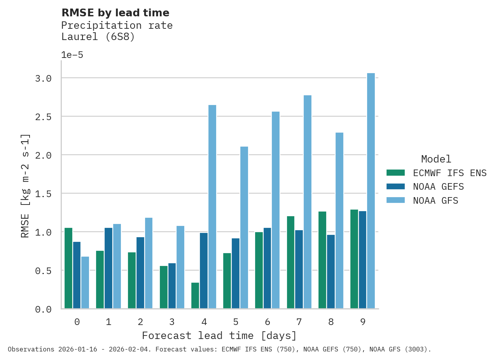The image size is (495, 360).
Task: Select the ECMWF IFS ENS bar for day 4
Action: (195, 295)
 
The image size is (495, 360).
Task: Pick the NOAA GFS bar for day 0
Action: (85, 282)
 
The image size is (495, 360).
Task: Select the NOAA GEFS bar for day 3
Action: (172, 286)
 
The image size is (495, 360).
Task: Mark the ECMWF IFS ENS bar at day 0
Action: (68, 268)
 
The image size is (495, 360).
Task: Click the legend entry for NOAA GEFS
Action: (438, 187)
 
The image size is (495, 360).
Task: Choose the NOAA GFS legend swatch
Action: (395, 200)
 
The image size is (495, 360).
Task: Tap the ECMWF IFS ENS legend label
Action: (450, 173)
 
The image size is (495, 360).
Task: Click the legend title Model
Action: (436, 159)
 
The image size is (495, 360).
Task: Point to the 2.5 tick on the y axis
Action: (43, 117)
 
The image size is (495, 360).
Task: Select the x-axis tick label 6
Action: (268, 322)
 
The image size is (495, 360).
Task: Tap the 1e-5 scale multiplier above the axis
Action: (72, 55)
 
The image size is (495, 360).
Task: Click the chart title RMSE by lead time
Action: (115, 13)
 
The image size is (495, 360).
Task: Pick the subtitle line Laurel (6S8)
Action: (98, 37)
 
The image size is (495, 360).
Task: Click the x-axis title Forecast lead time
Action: (219, 336)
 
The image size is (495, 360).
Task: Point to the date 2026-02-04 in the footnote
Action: (130, 349)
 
